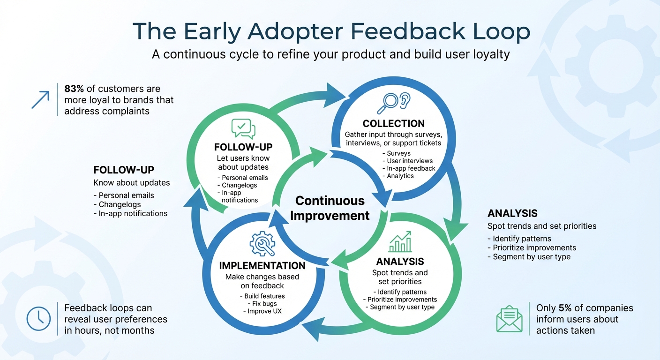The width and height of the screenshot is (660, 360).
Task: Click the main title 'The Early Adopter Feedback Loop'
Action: [x=331, y=31]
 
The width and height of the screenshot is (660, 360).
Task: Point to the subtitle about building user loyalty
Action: [x=330, y=54]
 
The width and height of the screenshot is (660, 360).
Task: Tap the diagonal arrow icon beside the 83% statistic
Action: [x=40, y=100]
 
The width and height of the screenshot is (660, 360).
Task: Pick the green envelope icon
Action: [x=509, y=319]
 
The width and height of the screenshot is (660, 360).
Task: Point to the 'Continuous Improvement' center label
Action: [x=330, y=208]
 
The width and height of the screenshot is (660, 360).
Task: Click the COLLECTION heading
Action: [x=393, y=124]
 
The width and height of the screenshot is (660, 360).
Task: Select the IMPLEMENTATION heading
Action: [x=262, y=266]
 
